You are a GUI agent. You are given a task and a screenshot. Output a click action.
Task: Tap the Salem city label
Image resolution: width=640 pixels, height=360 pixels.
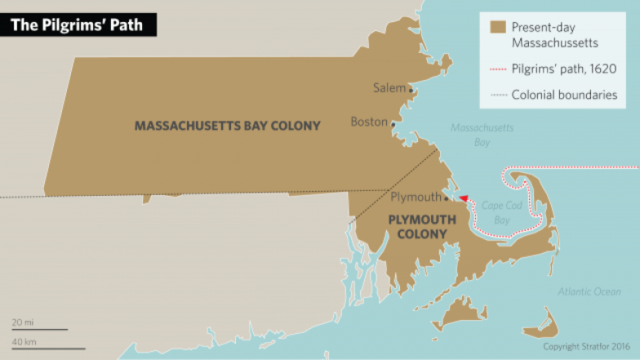(389, 88)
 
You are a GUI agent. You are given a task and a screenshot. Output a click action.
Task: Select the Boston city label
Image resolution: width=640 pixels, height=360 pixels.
(368, 122)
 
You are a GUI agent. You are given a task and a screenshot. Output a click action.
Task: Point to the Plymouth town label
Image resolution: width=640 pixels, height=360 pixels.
(414, 197)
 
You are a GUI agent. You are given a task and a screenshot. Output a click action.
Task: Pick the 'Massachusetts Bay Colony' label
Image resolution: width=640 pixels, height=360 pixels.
(227, 126)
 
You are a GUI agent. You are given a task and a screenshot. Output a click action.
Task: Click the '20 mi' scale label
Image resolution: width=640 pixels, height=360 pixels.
(22, 323)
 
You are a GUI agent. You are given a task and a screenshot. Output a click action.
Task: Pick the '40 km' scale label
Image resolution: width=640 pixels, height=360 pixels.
(24, 343)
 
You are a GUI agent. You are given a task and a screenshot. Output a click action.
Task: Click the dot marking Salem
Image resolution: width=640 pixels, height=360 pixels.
(409, 89)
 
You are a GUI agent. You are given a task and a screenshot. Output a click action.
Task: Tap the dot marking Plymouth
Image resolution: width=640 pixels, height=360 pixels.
(445, 198)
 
